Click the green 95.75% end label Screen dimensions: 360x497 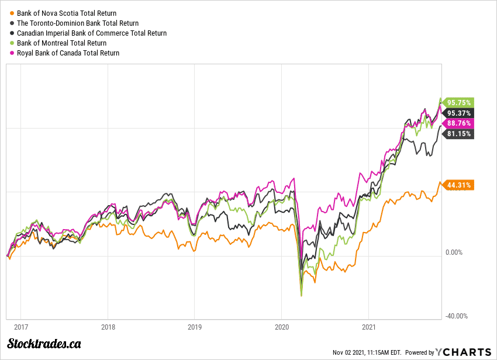pos(458,102)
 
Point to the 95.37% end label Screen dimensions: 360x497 pos(458,113)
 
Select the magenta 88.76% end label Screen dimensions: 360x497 pos(458,123)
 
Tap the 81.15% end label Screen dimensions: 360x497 pos(458,134)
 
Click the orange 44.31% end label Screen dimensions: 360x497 pos(458,185)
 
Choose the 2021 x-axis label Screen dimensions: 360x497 pos(368,327)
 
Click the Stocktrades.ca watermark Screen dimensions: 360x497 pos(44,344)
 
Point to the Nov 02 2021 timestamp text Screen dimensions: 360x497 pos(367,352)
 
